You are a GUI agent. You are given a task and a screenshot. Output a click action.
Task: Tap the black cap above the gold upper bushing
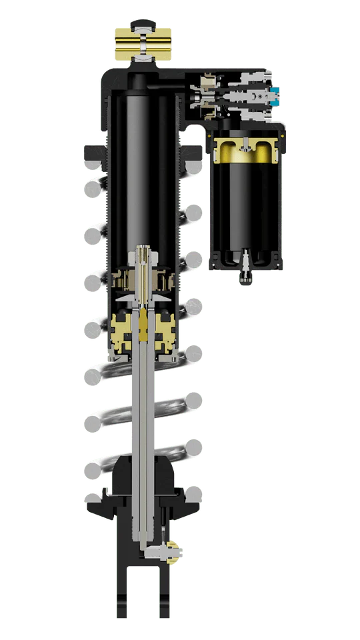pyautogui.click(x=143, y=25)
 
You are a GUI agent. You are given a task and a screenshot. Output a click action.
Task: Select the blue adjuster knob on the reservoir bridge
pyautogui.click(x=273, y=97)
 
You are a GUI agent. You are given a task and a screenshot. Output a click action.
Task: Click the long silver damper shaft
pyautogui.click(x=144, y=427)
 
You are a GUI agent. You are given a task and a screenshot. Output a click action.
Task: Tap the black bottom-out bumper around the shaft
pyautogui.click(x=144, y=477)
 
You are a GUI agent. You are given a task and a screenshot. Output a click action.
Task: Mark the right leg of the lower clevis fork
pyautogui.click(x=165, y=587)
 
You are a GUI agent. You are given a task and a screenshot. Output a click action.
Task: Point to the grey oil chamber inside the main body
pyautogui.click(x=144, y=167)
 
